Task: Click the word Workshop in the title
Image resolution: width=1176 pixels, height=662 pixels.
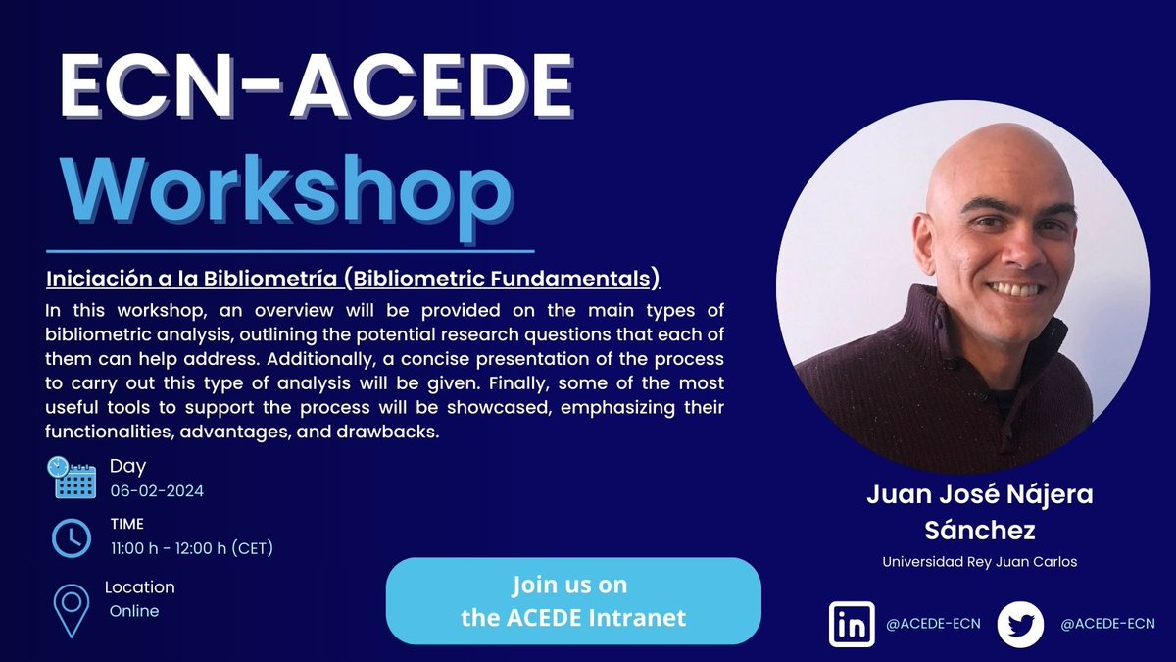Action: (286, 189)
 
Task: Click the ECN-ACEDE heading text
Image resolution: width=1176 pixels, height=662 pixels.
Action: (316, 92)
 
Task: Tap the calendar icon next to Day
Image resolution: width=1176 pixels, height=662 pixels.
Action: (72, 478)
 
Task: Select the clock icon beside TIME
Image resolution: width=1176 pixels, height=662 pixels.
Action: (72, 536)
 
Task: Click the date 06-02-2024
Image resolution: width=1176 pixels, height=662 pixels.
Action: (157, 491)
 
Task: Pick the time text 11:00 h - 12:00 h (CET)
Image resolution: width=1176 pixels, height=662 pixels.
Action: (191, 548)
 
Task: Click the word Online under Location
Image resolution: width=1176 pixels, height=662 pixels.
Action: (134, 611)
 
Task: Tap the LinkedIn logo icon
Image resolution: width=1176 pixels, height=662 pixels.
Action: (852, 624)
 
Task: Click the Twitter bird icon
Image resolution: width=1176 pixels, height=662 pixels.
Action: (1020, 624)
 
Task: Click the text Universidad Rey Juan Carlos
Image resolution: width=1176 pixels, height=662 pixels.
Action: (979, 563)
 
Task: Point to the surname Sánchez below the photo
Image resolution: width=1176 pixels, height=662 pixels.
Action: (979, 531)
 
